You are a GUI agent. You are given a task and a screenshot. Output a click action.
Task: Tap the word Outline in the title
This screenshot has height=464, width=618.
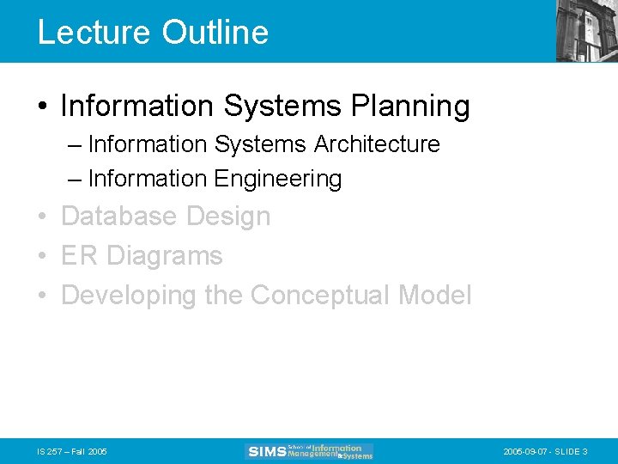pos(215,33)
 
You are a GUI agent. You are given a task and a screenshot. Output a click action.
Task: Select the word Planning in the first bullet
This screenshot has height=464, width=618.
pos(410,107)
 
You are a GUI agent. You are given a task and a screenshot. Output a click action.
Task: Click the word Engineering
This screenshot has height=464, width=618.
pos(277,179)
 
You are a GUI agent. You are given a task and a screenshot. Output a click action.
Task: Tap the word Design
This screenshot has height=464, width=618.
pos(227,217)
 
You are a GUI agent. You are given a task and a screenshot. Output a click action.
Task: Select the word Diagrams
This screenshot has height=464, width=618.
pos(164,256)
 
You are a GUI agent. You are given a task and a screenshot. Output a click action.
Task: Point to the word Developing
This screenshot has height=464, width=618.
pos(129,296)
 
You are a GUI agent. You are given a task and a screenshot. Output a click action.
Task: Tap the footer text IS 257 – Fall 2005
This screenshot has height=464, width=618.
pos(71,452)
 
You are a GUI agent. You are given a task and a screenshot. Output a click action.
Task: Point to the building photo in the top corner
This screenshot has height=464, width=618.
pos(586,31)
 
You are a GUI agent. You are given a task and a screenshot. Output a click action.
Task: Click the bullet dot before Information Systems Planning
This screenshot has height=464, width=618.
pos(42,107)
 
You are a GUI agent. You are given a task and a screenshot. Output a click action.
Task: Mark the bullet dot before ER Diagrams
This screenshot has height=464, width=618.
pos(42,257)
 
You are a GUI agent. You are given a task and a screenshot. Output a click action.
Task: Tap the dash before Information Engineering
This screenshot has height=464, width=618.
pos(75,179)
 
